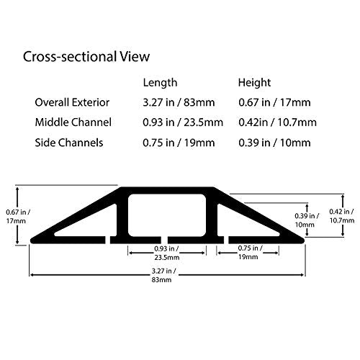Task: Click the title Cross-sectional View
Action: pyautogui.click(x=86, y=57)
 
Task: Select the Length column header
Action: pyautogui.click(x=160, y=83)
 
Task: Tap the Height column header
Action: pyautogui.click(x=254, y=83)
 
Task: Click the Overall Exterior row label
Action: pyautogui.click(x=72, y=102)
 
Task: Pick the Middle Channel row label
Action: pyautogui.click(x=73, y=122)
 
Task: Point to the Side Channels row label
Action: pyautogui.click(x=69, y=143)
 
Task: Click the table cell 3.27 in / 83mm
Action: pyautogui.click(x=179, y=102)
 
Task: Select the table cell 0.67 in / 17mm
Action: pyautogui.click(x=274, y=102)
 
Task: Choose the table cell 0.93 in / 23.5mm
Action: pyautogui.click(x=183, y=122)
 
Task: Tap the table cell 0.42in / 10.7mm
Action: pyautogui.click(x=277, y=122)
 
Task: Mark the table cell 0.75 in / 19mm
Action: pyautogui.click(x=179, y=143)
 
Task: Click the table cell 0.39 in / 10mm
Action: pyautogui.click(x=274, y=143)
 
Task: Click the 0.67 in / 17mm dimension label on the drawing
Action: pyautogui.click(x=18, y=217)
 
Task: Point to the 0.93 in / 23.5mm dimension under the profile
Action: pyautogui.click(x=166, y=253)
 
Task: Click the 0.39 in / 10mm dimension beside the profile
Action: pyautogui.click(x=307, y=220)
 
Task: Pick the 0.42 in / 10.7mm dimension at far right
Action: pyautogui.click(x=341, y=216)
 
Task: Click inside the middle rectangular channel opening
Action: pyautogui.click(x=167, y=215)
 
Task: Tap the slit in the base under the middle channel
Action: pyautogui.click(x=164, y=240)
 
